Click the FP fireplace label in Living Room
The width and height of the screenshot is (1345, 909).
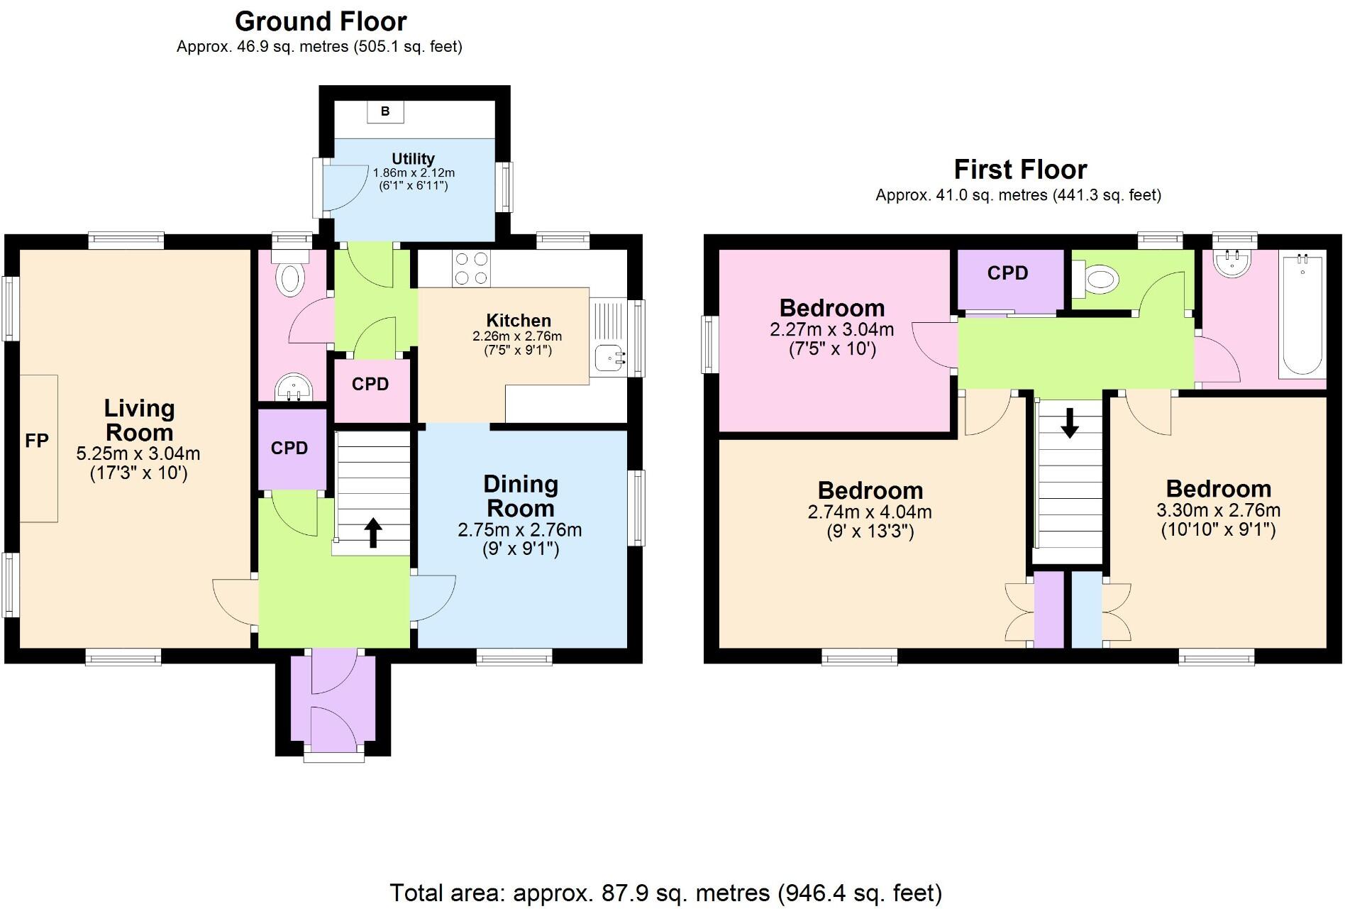37,441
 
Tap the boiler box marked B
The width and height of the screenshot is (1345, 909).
385,111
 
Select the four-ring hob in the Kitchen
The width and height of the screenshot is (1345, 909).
471,269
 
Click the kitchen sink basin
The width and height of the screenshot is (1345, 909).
607,358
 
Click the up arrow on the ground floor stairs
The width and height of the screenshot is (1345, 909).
372,532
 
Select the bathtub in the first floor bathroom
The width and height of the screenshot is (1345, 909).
1301,315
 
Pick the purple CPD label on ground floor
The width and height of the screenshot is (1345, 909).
289,448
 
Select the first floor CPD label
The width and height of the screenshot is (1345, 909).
1007,273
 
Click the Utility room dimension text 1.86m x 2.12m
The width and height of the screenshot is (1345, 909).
414,172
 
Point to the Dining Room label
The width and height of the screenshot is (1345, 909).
521,496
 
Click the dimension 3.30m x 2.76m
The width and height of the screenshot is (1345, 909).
1218,510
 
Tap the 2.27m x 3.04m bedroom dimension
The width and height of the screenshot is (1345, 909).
831,329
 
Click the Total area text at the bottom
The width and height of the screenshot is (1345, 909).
665,892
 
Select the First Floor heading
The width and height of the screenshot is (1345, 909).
1019,170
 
